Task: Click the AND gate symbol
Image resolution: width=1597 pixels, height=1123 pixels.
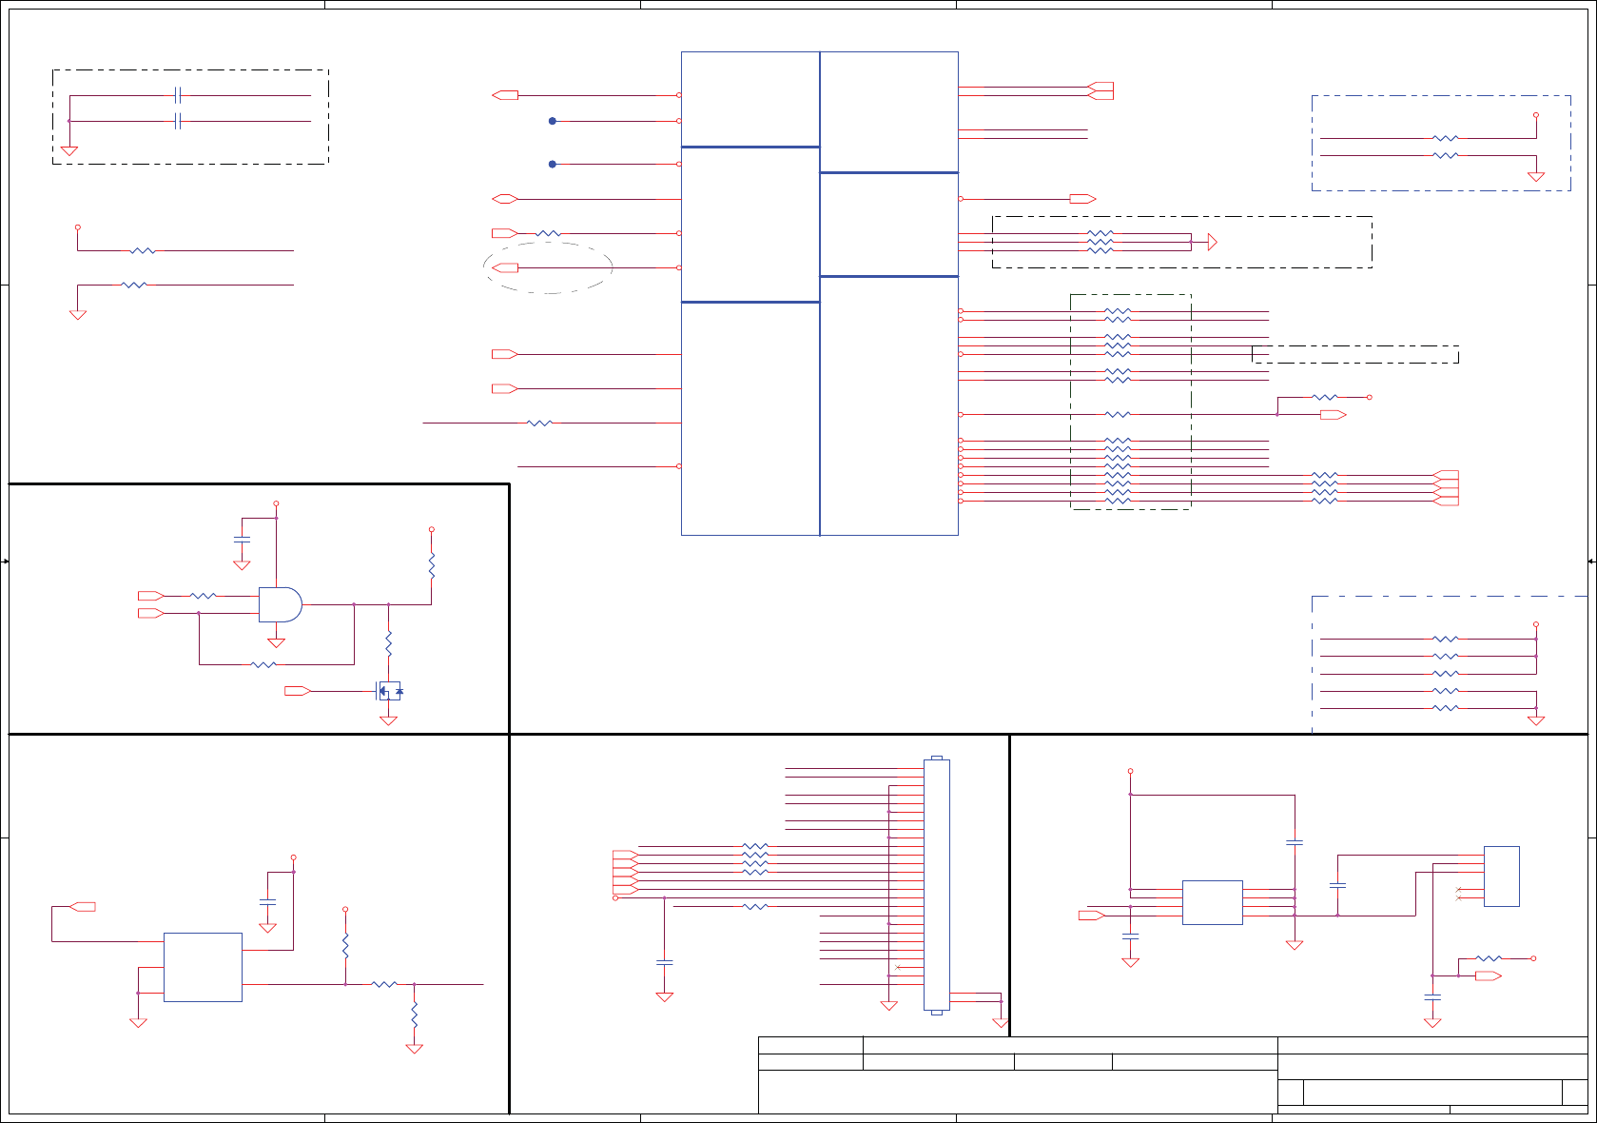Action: pyautogui.click(x=280, y=604)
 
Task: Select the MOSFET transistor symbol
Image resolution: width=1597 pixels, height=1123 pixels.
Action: pyautogui.click(x=389, y=691)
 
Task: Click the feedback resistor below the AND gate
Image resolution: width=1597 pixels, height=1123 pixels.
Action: pyautogui.click(x=263, y=664)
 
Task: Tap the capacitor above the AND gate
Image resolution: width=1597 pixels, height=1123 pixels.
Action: pyautogui.click(x=242, y=540)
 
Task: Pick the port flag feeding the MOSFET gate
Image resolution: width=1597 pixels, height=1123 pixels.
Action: pyautogui.click(x=297, y=691)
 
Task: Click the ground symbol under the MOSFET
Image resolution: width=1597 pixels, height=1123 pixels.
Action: pyautogui.click(x=388, y=721)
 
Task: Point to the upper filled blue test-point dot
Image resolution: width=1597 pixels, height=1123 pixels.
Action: pyautogui.click(x=553, y=121)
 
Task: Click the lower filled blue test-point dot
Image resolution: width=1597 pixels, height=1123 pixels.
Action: pyautogui.click(x=553, y=165)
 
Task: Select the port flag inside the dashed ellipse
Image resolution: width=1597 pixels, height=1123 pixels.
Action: pyautogui.click(x=505, y=268)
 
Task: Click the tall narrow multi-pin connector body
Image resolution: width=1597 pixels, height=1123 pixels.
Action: pyautogui.click(x=936, y=885)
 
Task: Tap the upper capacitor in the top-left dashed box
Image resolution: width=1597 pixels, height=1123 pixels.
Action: pyautogui.click(x=178, y=95)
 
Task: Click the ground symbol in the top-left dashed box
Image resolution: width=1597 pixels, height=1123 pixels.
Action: pyautogui.click(x=69, y=151)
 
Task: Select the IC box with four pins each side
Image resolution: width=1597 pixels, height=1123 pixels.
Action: pyautogui.click(x=1212, y=902)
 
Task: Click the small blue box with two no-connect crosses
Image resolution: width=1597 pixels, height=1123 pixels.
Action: pyautogui.click(x=1501, y=877)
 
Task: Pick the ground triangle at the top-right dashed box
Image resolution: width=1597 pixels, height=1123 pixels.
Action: pyautogui.click(x=1535, y=177)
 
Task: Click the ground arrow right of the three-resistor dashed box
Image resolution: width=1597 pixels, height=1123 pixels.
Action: pyautogui.click(x=1212, y=243)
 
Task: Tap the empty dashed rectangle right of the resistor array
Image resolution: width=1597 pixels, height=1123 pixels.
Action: pyautogui.click(x=1354, y=354)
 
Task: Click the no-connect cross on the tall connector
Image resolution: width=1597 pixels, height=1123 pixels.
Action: pyautogui.click(x=897, y=968)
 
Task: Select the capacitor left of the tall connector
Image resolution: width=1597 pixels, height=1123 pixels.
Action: pyautogui.click(x=664, y=963)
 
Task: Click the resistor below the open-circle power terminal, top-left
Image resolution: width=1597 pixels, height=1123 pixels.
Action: pyautogui.click(x=143, y=251)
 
